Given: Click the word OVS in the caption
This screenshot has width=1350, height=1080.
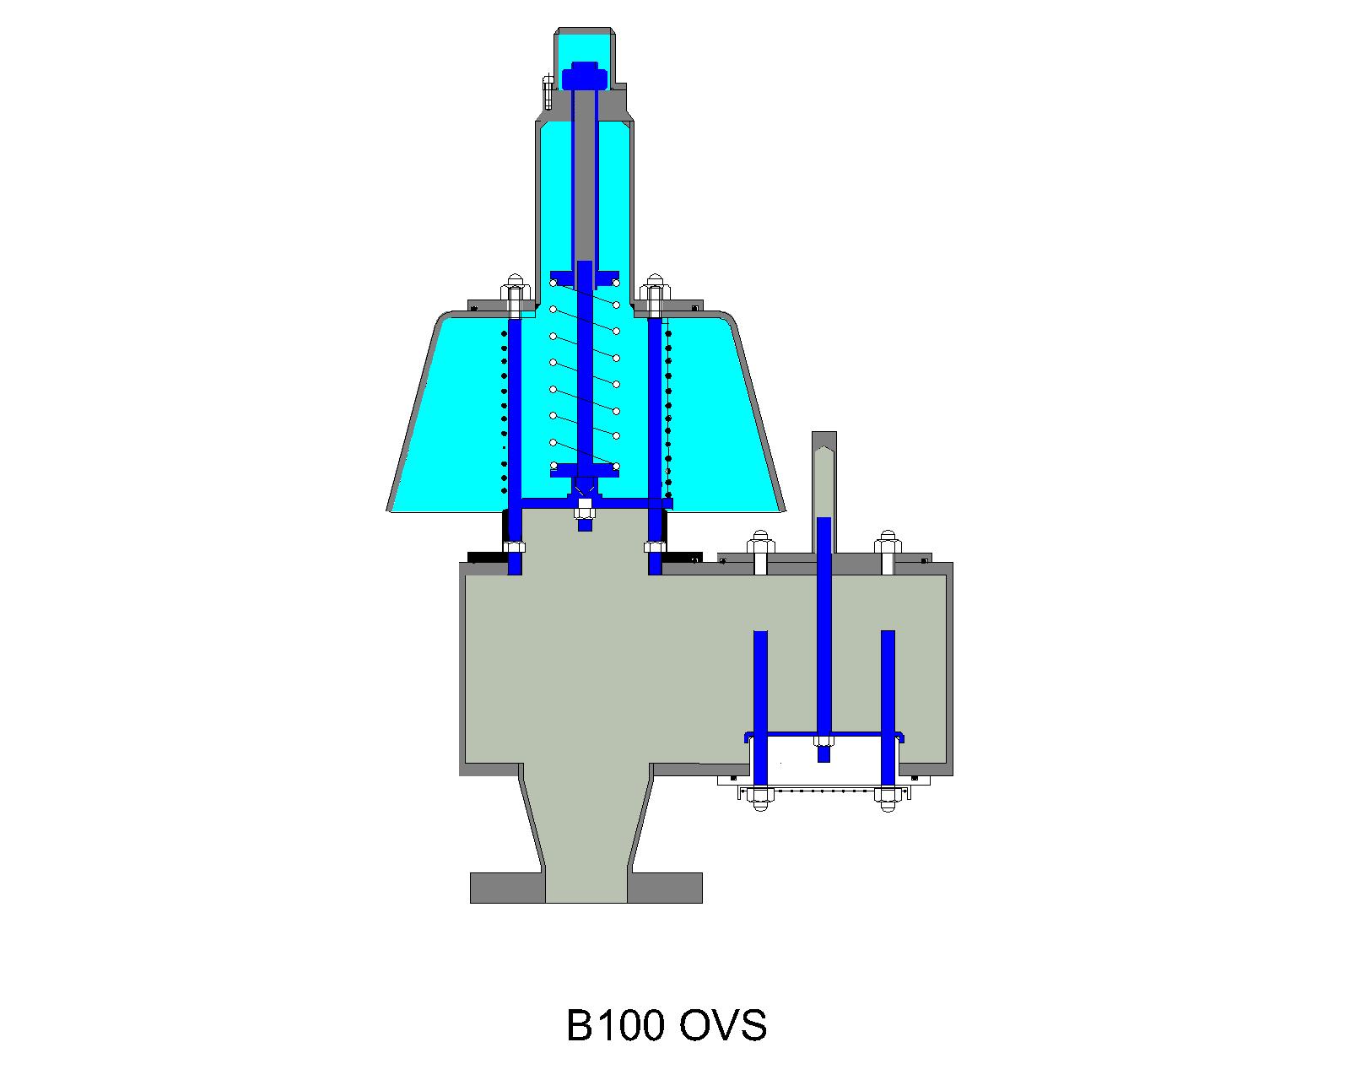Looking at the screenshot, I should tap(723, 1027).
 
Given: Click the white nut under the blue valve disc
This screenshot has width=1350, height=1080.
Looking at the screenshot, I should tap(583, 510).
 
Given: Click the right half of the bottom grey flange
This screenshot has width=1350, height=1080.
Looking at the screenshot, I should tap(665, 888).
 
